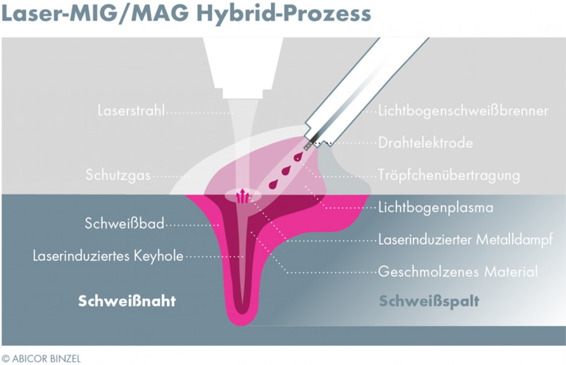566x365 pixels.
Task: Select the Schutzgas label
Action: tap(118, 176)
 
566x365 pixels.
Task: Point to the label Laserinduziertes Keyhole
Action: tap(108, 256)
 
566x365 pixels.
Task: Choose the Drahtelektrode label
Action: tap(425, 143)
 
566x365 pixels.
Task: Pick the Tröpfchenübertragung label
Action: tap(449, 176)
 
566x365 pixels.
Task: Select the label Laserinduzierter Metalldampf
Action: tap(465, 240)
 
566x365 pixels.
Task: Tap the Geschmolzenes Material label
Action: tap(458, 272)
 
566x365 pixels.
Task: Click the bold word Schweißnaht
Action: tap(127, 301)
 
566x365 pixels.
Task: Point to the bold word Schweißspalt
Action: tap(429, 301)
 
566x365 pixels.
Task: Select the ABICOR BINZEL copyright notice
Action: tap(41, 359)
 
